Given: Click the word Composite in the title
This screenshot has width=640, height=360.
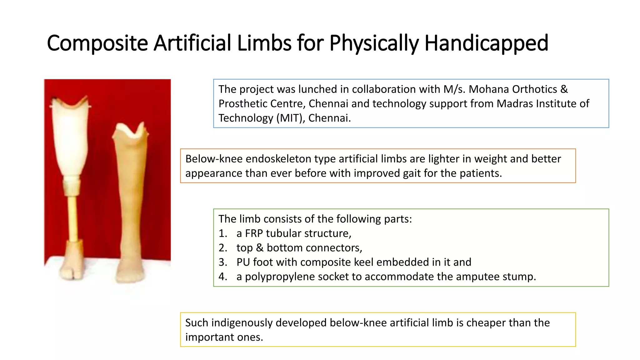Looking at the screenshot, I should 97,43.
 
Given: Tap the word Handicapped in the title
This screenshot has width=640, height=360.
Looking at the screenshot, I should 486,43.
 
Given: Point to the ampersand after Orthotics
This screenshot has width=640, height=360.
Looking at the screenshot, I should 564,89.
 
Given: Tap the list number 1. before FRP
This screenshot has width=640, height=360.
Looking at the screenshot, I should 223,233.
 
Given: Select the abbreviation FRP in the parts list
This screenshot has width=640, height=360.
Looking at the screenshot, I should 254,233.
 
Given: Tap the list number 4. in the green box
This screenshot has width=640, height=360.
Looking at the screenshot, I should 223,277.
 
